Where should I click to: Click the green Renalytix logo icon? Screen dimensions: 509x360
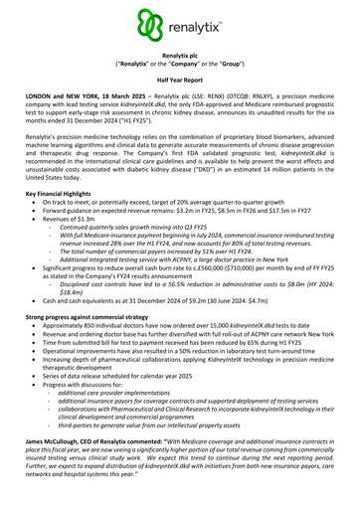152,25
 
